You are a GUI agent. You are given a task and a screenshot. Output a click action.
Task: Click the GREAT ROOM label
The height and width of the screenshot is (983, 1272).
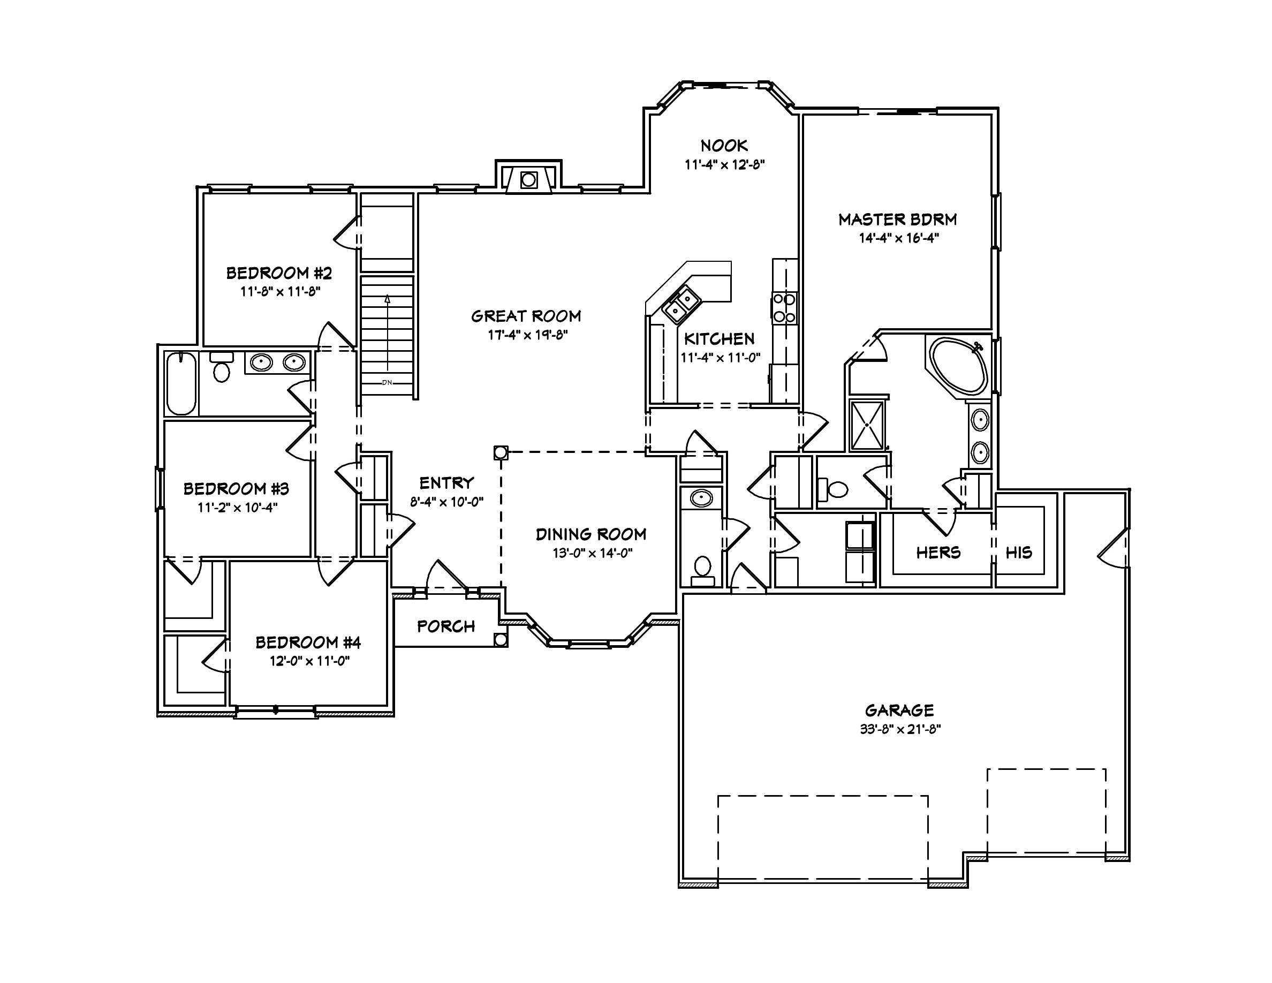[x=526, y=316]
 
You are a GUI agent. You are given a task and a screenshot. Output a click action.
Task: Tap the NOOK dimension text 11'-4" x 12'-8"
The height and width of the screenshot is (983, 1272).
[x=724, y=165]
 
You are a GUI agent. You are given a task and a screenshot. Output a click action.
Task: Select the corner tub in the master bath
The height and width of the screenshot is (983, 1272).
[x=958, y=366]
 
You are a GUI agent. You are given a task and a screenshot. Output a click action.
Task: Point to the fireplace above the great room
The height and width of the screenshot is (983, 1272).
[x=528, y=179]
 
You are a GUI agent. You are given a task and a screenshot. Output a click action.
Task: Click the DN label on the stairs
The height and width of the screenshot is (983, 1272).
[x=387, y=383]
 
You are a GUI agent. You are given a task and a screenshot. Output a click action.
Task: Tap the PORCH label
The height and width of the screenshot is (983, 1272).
[x=446, y=626]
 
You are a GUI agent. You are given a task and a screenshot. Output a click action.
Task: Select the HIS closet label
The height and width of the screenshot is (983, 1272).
[x=1019, y=553]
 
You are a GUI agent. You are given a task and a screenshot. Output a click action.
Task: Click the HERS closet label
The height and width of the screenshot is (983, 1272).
[x=938, y=553]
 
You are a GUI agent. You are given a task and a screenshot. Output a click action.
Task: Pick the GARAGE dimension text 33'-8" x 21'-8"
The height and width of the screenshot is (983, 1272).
[x=900, y=729]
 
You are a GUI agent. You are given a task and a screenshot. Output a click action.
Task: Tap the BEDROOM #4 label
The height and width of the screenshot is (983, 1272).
[x=308, y=642]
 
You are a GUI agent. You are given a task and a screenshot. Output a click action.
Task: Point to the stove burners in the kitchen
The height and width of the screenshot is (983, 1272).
[x=784, y=308]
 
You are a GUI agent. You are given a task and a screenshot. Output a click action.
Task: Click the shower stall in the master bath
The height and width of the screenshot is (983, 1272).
[x=867, y=425]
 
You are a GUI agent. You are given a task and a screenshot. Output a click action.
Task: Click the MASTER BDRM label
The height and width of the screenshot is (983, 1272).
[x=897, y=220]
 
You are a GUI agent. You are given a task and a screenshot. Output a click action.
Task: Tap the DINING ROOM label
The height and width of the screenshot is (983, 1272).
[x=590, y=534]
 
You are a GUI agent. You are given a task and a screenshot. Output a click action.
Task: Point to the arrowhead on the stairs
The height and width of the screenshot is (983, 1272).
[x=387, y=299]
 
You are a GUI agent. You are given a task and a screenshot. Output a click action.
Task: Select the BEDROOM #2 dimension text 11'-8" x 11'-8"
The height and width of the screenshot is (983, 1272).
[x=281, y=291]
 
